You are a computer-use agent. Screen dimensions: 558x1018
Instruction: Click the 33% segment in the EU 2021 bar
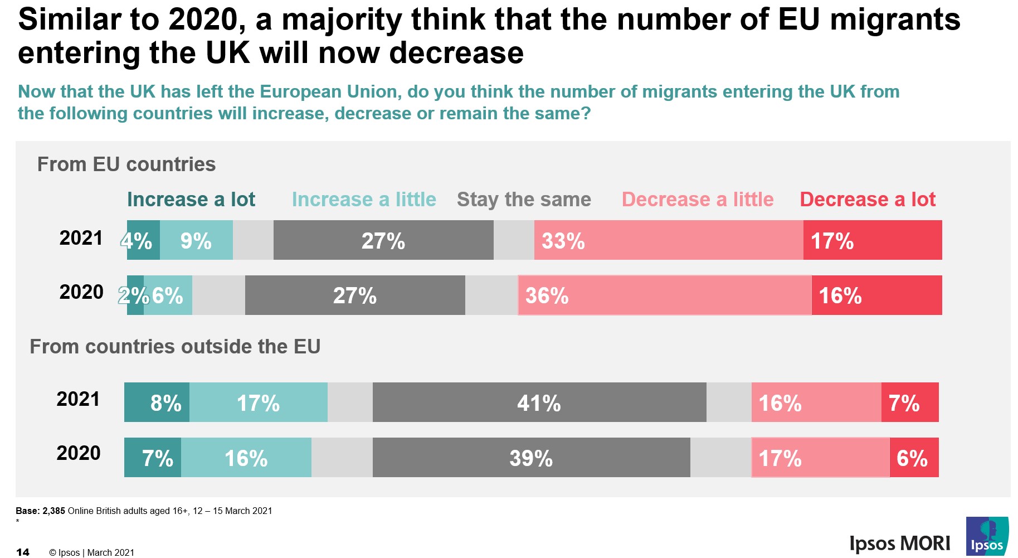pos(668,240)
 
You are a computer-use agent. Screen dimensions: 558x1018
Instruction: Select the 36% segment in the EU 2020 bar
pos(664,295)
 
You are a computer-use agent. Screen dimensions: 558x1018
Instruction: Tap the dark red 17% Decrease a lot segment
pos(872,240)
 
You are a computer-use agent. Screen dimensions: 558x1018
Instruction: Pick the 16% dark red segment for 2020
pos(876,295)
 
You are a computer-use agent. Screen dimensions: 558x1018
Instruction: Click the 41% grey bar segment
pos(539,402)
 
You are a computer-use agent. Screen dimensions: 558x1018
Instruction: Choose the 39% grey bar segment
pos(531,458)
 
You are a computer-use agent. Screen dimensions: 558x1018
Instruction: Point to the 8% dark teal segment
pos(157,402)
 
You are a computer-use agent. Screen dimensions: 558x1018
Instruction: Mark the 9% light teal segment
pos(196,240)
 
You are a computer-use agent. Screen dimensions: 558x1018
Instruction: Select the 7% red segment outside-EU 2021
pos(909,402)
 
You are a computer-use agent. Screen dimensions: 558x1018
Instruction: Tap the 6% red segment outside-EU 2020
pos(914,458)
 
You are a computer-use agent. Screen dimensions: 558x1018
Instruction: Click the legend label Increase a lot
pos(191,200)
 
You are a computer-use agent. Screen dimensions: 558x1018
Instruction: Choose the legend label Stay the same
pos(524,200)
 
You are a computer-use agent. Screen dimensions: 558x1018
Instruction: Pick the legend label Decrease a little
pos(698,200)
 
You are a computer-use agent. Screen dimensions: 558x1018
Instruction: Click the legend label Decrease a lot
pos(868,200)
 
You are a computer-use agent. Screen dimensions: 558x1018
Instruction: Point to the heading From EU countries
pos(126,164)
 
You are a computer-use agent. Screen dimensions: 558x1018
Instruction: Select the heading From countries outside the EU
pos(175,347)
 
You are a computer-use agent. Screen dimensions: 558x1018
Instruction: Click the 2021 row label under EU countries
pos(81,238)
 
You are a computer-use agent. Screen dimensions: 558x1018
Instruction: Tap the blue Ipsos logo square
pos(987,536)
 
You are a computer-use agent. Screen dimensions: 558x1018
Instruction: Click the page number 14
pos(23,552)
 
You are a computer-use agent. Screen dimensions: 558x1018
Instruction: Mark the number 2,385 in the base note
pos(53,511)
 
